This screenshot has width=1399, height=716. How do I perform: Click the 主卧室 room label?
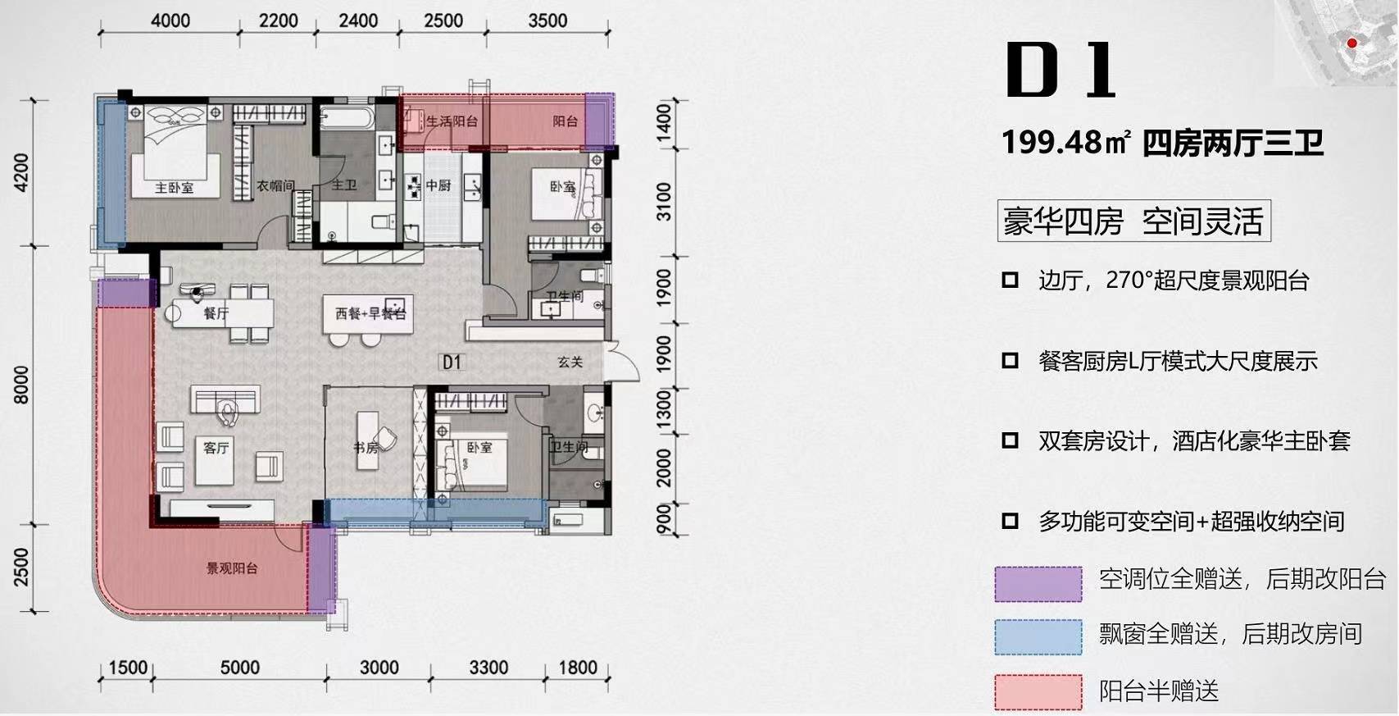[x=175, y=188]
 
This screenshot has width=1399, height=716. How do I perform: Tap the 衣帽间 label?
[x=275, y=185]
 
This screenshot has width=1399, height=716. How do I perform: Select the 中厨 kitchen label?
[x=438, y=185]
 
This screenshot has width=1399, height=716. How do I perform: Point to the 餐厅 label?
[x=216, y=313]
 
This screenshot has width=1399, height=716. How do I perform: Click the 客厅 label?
[x=216, y=447]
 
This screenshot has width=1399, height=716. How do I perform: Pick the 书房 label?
[x=366, y=447]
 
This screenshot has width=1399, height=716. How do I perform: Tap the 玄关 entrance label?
[x=570, y=362]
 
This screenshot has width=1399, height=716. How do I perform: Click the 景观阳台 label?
[x=232, y=568]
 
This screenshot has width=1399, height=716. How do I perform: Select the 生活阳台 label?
[x=452, y=121]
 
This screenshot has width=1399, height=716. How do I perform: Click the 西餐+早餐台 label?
[x=371, y=313]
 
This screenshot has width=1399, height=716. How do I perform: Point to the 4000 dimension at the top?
[x=170, y=21]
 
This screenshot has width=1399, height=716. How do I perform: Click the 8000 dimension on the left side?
[x=21, y=385]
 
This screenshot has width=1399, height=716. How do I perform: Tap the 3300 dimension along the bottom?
[x=488, y=668]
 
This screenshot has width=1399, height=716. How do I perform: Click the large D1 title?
[x=1060, y=70]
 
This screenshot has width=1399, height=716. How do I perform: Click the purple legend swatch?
[x=1038, y=584]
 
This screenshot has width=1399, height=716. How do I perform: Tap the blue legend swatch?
[x=1038, y=637]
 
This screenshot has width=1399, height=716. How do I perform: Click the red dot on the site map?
[x=1351, y=43]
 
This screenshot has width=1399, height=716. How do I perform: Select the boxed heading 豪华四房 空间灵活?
[x=1134, y=221]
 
